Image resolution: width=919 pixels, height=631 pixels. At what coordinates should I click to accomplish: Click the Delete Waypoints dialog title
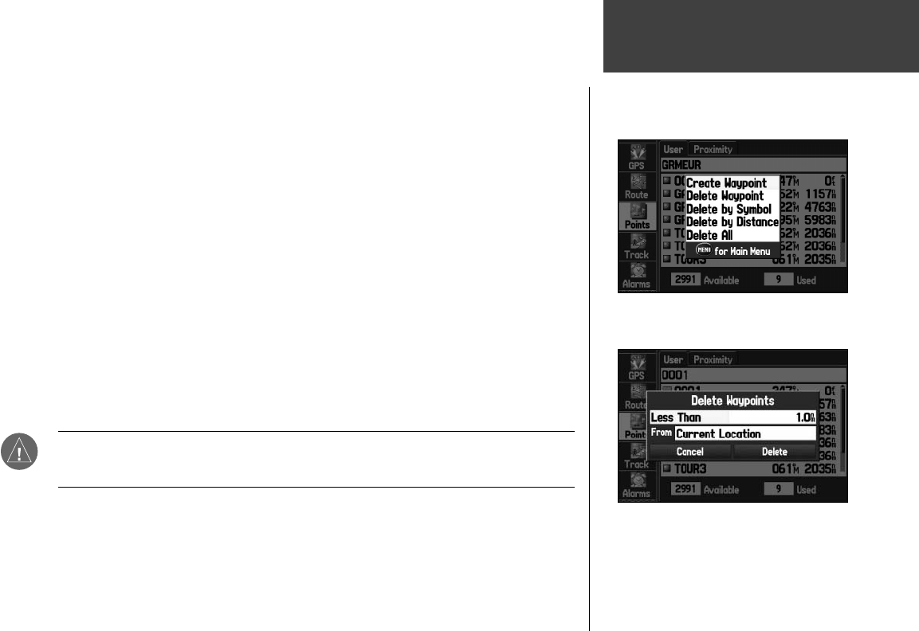[732, 400]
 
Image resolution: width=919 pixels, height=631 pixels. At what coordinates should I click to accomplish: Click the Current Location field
[744, 434]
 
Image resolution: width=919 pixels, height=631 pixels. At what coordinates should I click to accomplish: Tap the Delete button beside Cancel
[774, 452]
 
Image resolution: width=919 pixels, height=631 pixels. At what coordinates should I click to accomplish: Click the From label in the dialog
[661, 433]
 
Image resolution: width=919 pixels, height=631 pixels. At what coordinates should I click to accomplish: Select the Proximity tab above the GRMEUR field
[713, 149]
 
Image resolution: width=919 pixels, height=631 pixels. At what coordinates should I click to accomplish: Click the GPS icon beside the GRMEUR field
[637, 155]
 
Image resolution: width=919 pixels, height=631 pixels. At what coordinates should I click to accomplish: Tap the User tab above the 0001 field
[674, 359]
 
